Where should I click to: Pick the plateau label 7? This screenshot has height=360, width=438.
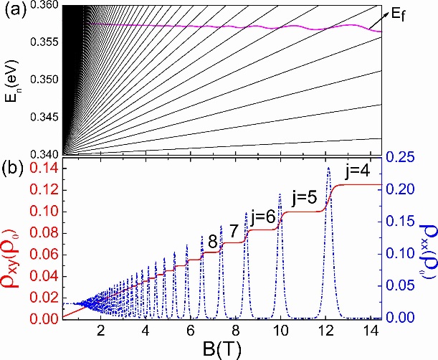point(233,231)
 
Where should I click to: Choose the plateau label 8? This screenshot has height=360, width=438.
point(211,242)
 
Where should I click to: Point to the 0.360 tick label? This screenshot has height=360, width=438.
point(45,6)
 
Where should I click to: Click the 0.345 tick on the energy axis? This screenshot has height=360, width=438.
point(45,115)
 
